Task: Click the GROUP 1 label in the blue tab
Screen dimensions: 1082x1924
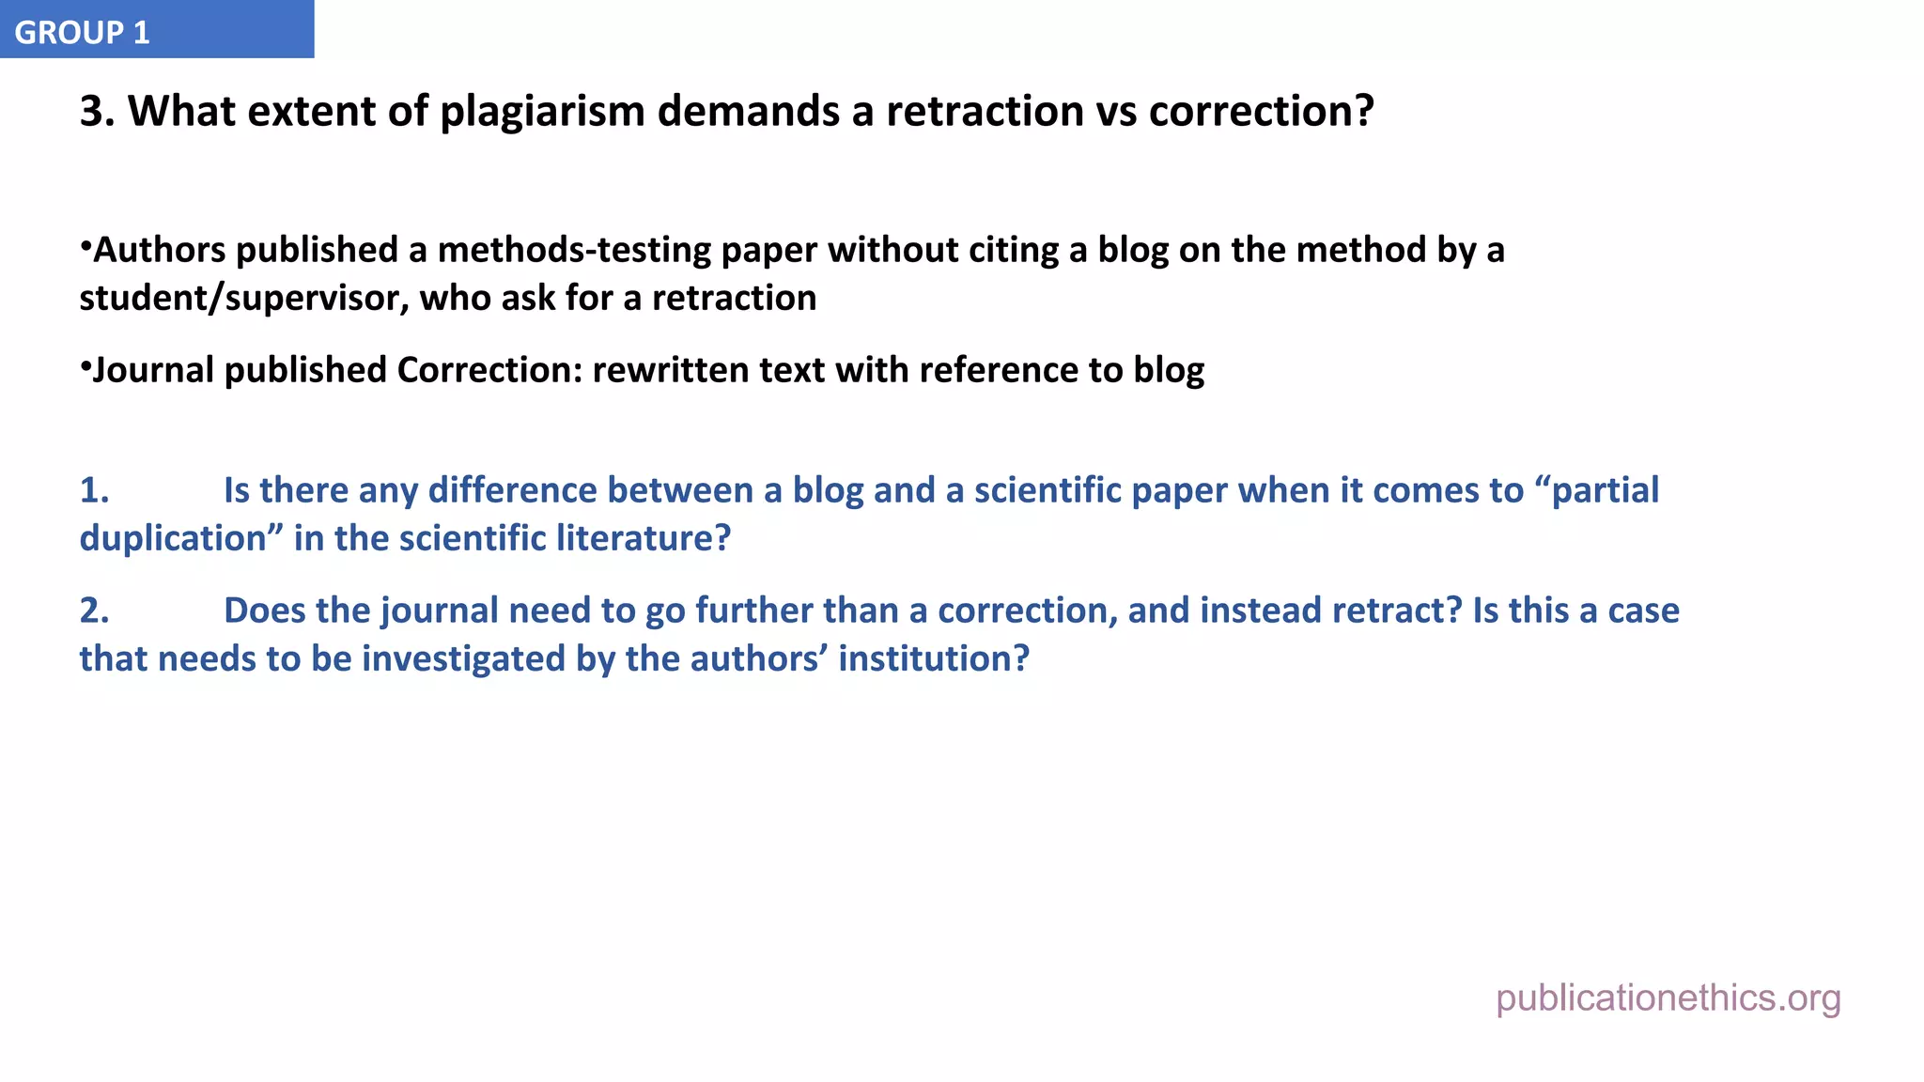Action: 82,33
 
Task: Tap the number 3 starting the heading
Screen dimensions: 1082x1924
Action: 91,112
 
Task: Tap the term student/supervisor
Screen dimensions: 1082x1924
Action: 244,299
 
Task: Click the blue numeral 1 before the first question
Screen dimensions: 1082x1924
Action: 94,491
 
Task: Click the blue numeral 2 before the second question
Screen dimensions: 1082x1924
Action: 94,611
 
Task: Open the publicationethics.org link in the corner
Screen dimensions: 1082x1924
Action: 1668,998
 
